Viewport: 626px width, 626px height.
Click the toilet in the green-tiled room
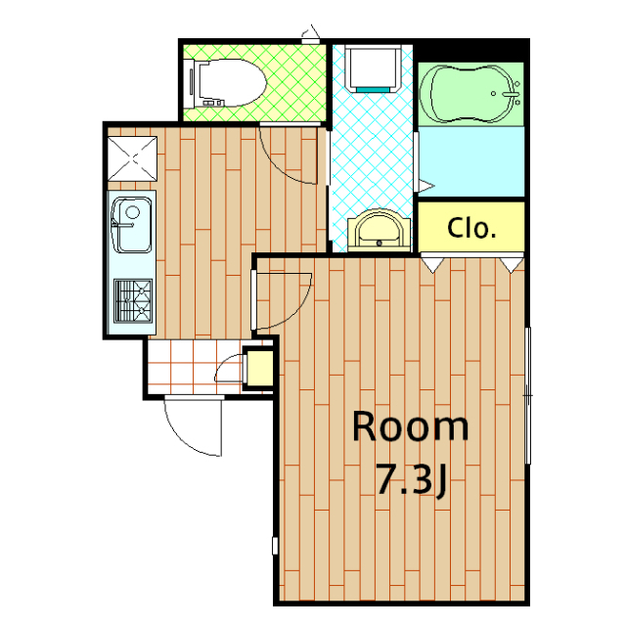pyautogui.click(x=226, y=83)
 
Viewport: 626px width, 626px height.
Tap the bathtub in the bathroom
pyautogui.click(x=470, y=94)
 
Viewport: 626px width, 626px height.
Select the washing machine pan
pyautogui.click(x=373, y=68)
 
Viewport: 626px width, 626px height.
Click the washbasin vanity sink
pyautogui.click(x=379, y=231)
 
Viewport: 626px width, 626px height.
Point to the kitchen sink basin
pyautogui.click(x=131, y=225)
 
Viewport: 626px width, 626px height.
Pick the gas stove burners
pyautogui.click(x=133, y=300)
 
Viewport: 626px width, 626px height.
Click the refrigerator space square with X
pyautogui.click(x=132, y=158)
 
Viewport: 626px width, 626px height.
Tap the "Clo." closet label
pyautogui.click(x=471, y=228)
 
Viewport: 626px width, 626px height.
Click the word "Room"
pyautogui.click(x=410, y=426)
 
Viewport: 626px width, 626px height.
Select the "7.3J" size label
pyautogui.click(x=411, y=479)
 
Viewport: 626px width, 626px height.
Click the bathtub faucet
pyautogui.click(x=510, y=94)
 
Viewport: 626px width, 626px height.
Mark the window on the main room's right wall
pyautogui.click(x=528, y=395)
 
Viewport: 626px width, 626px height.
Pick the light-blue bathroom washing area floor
pyautogui.click(x=471, y=161)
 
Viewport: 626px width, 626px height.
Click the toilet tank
pyautogui.click(x=189, y=83)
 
